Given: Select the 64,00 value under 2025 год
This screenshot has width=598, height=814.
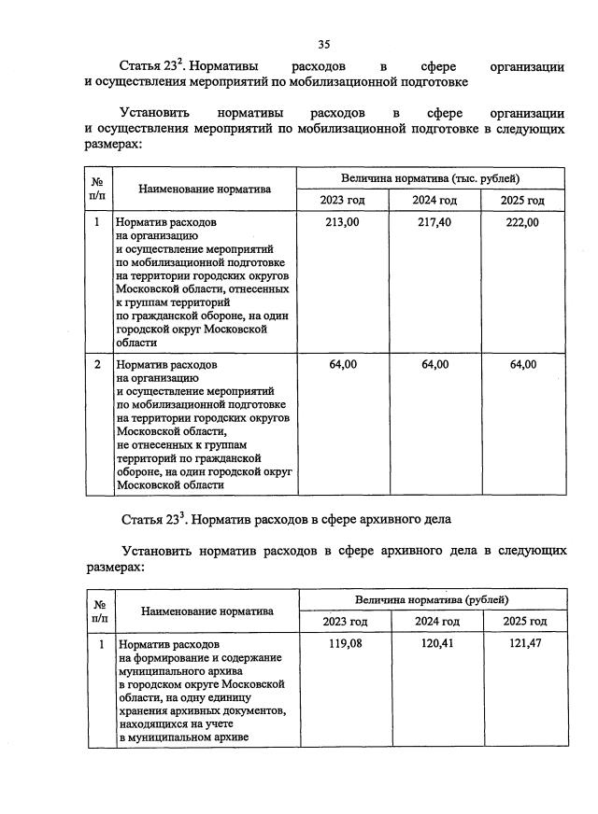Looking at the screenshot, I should click(x=522, y=364).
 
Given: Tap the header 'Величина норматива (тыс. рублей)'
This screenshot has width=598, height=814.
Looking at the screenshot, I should click(x=432, y=177).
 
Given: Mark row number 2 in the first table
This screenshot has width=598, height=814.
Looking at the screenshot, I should click(x=97, y=364).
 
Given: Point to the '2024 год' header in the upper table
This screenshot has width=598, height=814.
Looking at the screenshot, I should click(x=434, y=201).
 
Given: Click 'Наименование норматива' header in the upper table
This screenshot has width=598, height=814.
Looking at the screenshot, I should click(x=205, y=189).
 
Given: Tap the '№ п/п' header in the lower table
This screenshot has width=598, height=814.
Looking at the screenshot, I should click(x=99, y=610).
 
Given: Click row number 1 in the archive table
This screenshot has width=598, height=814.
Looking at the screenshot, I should click(x=99, y=643).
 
